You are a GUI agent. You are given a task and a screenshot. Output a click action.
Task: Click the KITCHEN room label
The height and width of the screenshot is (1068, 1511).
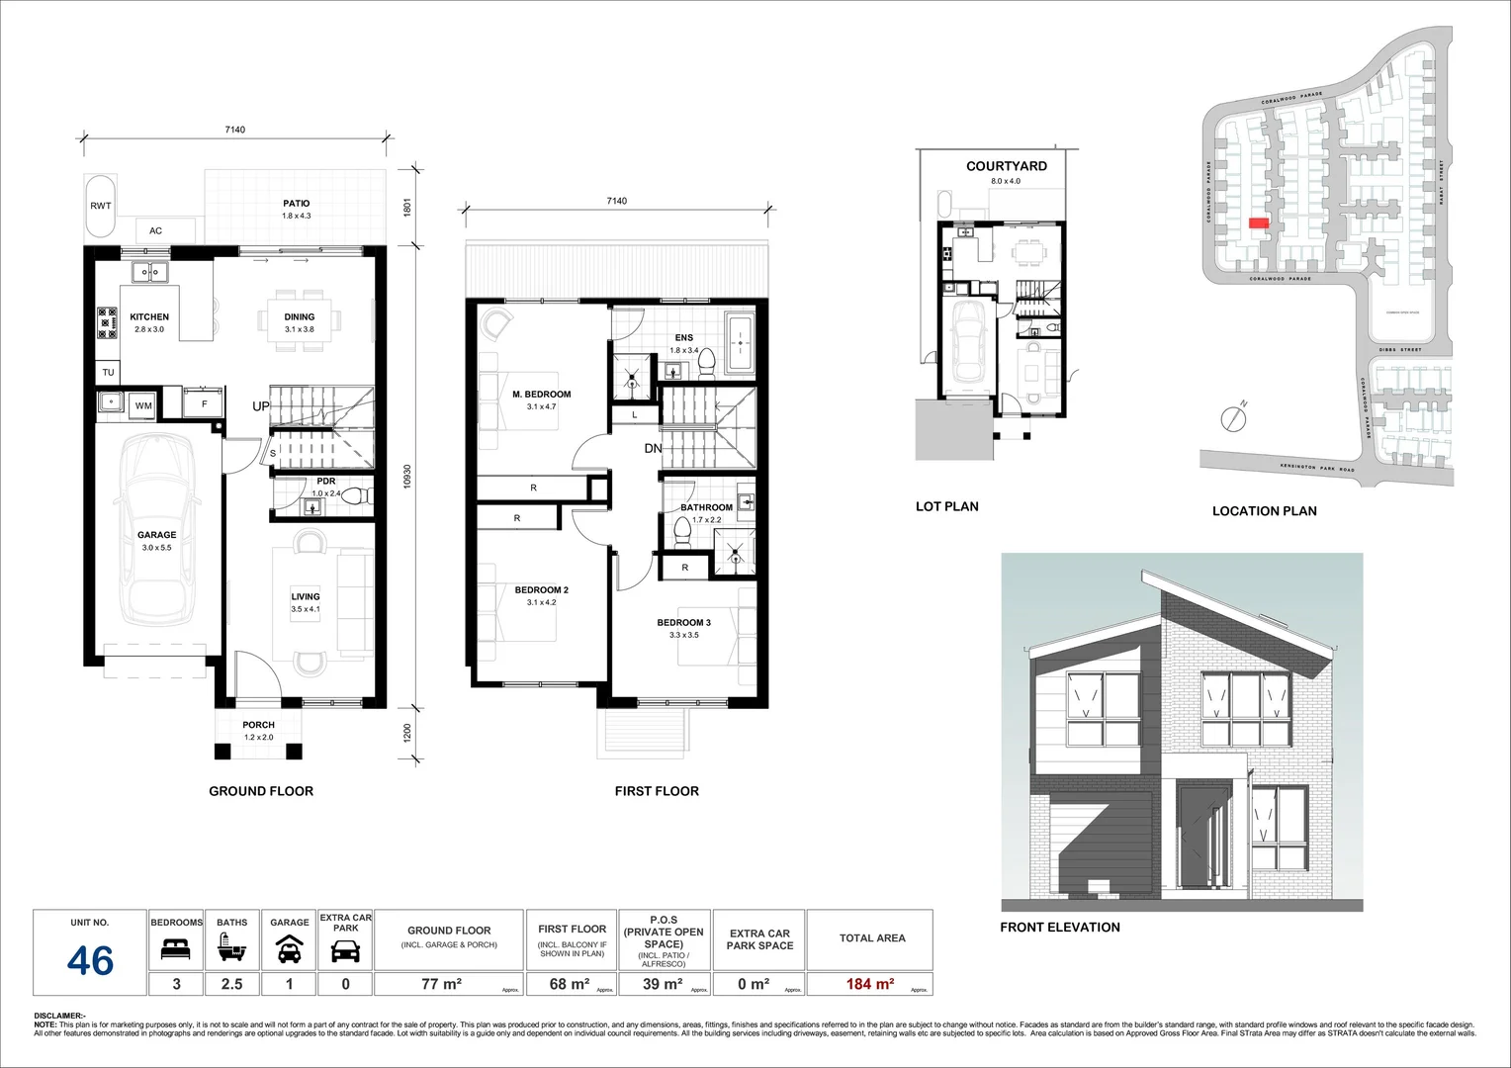click(149, 317)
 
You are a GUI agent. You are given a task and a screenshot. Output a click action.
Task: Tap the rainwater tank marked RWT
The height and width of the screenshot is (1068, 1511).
click(101, 207)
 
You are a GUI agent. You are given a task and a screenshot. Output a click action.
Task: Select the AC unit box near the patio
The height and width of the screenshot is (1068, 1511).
click(156, 230)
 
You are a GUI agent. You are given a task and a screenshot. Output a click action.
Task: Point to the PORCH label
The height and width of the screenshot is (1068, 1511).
click(259, 725)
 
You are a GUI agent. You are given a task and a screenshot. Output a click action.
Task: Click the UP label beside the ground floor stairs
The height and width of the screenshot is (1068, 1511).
click(261, 406)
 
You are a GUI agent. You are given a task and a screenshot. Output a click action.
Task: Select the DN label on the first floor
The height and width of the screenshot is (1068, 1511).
click(653, 449)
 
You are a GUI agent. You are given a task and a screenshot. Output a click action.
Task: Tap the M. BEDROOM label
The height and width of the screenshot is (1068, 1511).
click(541, 395)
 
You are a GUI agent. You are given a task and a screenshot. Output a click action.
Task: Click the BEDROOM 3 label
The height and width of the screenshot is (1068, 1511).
click(683, 623)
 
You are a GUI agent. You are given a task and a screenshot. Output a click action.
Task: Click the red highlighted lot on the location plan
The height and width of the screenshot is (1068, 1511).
click(1258, 223)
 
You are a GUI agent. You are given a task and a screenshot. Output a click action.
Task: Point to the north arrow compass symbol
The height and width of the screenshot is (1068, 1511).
click(1233, 417)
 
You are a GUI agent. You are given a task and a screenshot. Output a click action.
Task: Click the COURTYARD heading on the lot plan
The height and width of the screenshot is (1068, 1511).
click(1006, 166)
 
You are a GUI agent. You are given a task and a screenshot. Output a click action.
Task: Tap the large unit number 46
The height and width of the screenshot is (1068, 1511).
click(91, 960)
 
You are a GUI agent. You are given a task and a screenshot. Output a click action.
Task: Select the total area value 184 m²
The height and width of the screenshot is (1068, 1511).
click(870, 984)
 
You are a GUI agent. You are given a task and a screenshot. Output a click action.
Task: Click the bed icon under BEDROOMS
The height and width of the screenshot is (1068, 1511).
click(176, 951)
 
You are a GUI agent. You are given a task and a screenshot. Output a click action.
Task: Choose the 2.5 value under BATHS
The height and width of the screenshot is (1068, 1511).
click(232, 984)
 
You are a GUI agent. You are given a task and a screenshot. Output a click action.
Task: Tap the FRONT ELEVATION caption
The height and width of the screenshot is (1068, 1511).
click(1059, 928)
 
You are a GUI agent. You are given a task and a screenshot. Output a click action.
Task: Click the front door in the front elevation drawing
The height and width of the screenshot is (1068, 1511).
click(1197, 841)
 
